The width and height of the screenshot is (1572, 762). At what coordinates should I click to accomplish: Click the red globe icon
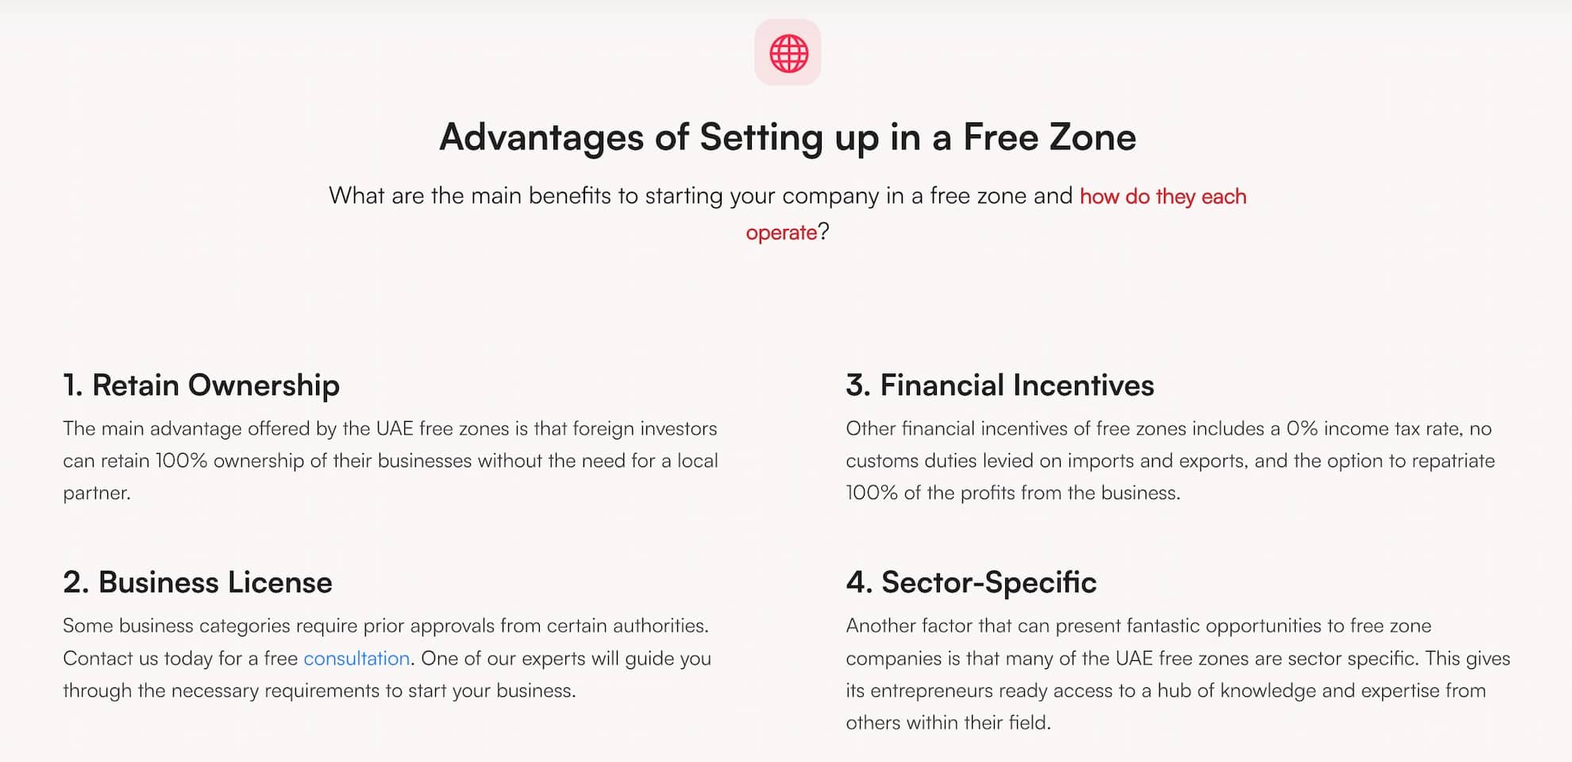tap(788, 53)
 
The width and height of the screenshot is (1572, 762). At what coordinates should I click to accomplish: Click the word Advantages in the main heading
tap(541, 137)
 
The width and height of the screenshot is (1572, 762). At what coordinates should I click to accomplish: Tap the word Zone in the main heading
tap(1092, 137)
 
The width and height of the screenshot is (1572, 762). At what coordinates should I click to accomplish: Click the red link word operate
tap(780, 233)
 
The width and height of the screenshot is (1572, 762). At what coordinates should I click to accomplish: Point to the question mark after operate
tap(824, 232)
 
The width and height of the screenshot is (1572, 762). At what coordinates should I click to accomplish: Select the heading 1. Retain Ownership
tap(201, 385)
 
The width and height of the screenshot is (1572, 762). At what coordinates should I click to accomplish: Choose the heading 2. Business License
tap(197, 582)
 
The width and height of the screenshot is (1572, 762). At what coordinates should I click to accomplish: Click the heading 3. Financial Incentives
tap(1000, 385)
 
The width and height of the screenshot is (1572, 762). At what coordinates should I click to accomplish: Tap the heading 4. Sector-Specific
tap(971, 582)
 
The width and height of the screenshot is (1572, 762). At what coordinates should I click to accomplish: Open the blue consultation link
tap(356, 659)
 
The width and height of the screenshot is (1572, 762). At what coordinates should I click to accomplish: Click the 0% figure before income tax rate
tap(1302, 429)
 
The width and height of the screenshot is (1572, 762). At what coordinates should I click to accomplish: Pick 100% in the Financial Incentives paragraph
tap(872, 493)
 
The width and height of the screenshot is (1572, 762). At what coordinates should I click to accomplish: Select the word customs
tap(882, 462)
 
